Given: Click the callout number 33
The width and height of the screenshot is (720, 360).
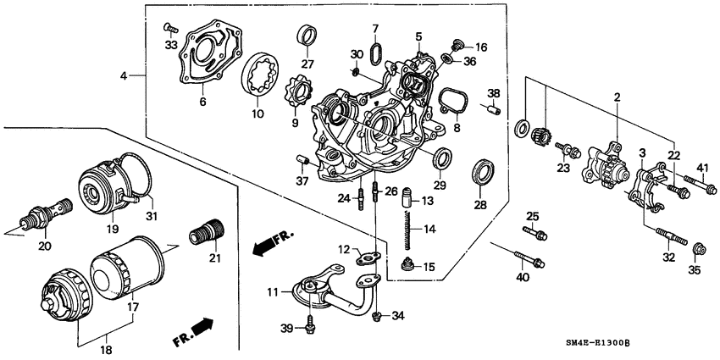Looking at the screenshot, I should point(170,45).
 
